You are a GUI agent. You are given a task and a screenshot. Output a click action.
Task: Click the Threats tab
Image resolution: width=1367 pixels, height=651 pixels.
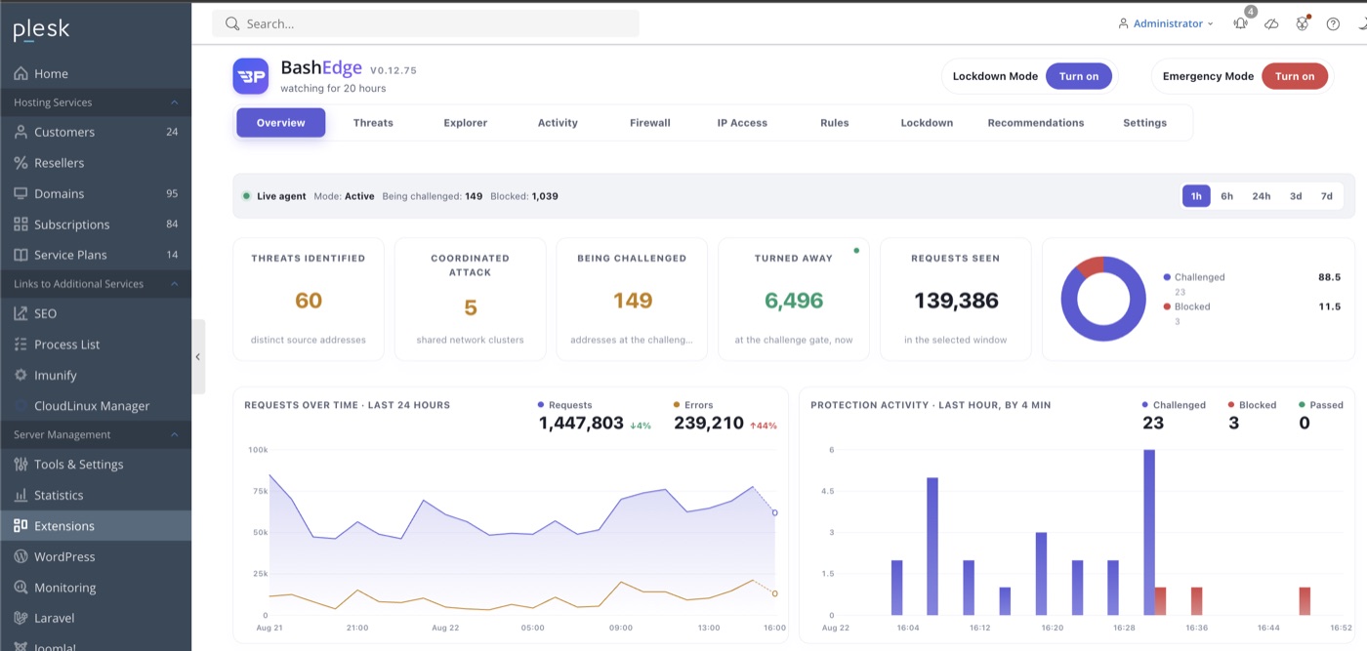(373, 123)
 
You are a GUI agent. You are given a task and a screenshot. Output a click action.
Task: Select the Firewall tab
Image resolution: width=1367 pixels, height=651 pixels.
(650, 123)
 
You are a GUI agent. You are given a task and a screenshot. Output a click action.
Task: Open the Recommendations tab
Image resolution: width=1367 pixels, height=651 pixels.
(1036, 123)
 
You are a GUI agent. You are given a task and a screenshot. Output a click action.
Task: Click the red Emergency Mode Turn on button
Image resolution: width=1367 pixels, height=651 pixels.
(1295, 76)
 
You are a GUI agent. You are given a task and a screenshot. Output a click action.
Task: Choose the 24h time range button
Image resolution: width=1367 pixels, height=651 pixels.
(1261, 196)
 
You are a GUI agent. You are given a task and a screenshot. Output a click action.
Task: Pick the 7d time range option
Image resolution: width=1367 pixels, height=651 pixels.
(1327, 196)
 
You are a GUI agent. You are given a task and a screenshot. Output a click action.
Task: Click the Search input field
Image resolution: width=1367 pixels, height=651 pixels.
(426, 23)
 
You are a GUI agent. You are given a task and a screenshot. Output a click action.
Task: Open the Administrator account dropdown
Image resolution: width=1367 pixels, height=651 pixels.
(1166, 23)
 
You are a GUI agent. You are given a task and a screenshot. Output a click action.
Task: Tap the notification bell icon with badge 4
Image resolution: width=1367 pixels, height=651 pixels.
(1241, 23)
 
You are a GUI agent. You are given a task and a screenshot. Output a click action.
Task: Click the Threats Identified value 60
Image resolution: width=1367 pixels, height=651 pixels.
(309, 301)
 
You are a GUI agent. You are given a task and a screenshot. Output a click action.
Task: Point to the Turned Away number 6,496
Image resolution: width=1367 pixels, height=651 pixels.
(793, 301)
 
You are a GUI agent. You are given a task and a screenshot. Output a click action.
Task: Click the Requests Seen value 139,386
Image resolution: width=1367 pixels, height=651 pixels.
(956, 301)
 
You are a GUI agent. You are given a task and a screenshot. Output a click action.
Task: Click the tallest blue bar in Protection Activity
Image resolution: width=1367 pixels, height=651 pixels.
(1148, 532)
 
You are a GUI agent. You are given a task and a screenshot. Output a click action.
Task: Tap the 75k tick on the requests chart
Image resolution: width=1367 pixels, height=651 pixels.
(260, 491)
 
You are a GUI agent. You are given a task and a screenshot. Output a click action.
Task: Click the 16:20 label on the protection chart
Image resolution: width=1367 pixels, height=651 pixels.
(1053, 628)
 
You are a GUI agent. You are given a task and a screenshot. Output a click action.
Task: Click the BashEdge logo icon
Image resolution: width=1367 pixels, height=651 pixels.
(250, 76)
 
